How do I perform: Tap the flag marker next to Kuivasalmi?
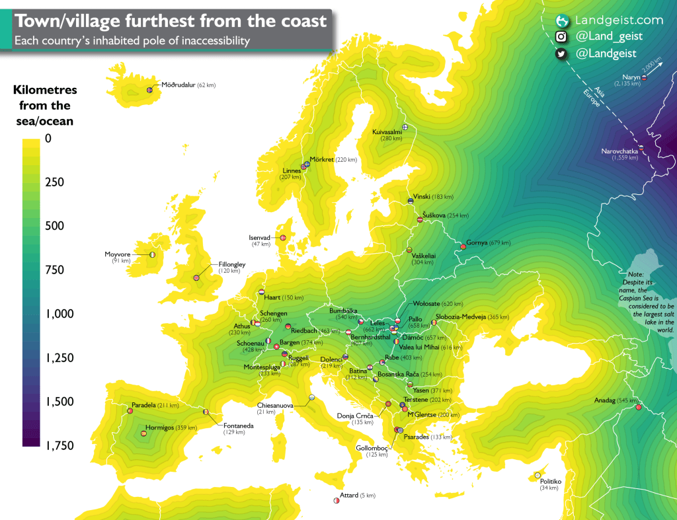[x=405, y=127]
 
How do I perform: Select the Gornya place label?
[x=477, y=242]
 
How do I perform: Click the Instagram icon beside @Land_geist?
[x=561, y=38]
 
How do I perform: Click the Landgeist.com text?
[x=610, y=20]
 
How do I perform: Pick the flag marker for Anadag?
[x=638, y=407]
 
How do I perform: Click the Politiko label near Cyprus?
[x=549, y=481]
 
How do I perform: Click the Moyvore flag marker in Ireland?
[x=153, y=254]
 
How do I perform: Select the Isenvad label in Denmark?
[x=259, y=238]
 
